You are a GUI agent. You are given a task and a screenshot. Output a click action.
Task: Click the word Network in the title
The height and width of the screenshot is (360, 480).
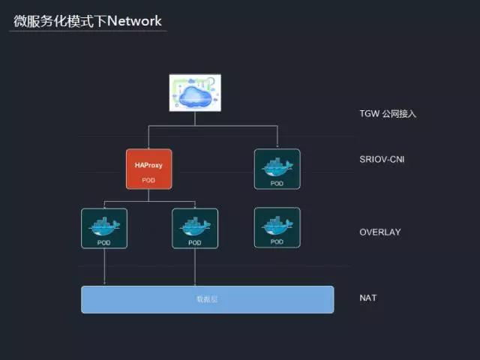[134, 20]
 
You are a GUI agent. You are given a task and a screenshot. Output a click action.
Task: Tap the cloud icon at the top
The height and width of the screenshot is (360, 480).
[194, 93]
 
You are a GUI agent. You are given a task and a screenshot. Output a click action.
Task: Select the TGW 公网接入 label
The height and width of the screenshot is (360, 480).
[387, 114]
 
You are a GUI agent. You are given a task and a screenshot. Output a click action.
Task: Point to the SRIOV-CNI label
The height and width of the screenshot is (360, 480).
[382, 159]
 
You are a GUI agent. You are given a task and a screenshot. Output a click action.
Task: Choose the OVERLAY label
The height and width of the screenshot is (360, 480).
[379, 232]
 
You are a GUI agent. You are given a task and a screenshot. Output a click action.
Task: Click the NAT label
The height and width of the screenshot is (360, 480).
[368, 298]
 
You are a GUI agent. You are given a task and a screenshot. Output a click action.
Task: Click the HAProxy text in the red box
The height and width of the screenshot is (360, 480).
[148, 164]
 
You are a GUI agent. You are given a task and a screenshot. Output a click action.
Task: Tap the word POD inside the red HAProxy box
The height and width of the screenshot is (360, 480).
[148, 180]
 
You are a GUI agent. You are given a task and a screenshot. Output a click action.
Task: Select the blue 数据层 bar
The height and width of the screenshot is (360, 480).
[207, 299]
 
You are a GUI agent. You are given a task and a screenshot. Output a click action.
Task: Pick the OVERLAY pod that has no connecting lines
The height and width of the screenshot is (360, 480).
[277, 227]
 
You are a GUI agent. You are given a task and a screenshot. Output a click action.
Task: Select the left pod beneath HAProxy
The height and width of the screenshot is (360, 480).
[104, 228]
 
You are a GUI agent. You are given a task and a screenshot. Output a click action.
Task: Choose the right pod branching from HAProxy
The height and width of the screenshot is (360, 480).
[195, 228]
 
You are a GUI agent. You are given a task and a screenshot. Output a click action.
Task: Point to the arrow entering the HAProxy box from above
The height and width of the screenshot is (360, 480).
[148, 145]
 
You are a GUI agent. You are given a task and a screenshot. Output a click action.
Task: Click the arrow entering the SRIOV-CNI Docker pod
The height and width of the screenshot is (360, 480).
[277, 144]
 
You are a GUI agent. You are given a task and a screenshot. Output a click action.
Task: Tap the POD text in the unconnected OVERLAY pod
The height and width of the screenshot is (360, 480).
[277, 241]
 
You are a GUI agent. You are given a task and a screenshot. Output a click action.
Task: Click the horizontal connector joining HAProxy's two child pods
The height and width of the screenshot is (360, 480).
[149, 202]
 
